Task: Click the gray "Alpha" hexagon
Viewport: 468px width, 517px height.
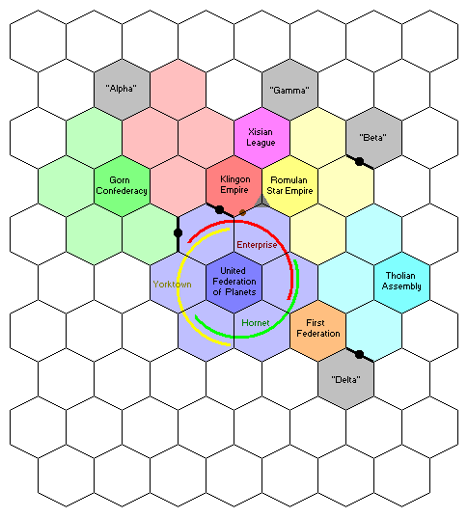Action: coord(122,90)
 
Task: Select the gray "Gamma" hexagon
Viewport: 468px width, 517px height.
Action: coord(290,90)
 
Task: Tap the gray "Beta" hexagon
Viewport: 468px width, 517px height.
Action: coord(374,138)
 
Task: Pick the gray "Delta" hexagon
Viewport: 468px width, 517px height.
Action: coord(346,379)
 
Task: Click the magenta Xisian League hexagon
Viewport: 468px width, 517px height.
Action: coord(262,138)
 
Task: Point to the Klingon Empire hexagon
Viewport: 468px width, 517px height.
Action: coord(234,186)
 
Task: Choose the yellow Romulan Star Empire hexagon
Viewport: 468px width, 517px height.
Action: coord(290,186)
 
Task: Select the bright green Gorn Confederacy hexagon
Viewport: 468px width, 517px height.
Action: coord(122,186)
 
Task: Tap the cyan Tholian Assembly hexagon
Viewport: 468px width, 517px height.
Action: coord(402,283)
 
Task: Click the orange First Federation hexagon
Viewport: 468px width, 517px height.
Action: coord(318,331)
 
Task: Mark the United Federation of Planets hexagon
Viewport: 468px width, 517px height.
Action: coord(234,283)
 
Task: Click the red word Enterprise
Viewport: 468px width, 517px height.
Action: coord(257,245)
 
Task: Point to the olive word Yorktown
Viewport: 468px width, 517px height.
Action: coord(172,285)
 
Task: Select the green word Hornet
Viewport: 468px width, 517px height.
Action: coord(256,323)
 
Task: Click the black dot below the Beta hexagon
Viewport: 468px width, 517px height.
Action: coord(360,162)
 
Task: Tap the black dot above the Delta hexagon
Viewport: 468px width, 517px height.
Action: coord(360,355)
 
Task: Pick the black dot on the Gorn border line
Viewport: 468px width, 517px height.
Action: coord(178,232)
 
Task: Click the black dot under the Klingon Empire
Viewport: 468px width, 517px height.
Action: coord(219,209)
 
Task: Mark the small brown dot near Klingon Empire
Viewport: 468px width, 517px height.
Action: coord(242,212)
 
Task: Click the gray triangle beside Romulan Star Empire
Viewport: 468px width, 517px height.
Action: coord(262,203)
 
